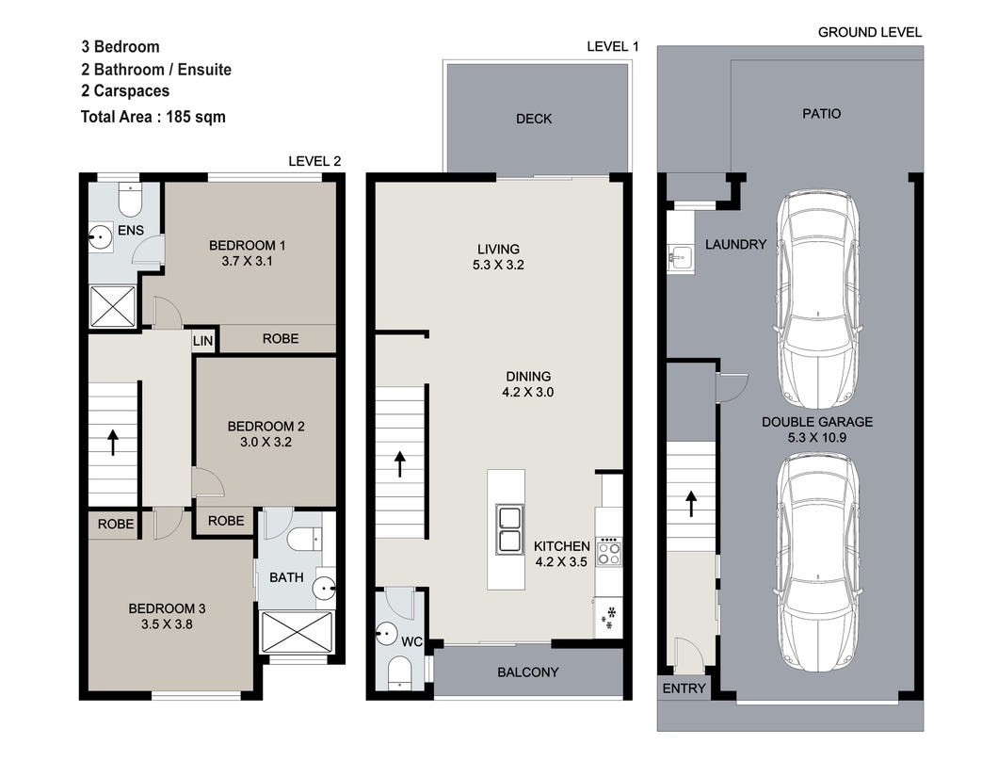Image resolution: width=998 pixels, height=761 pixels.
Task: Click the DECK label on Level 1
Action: pyautogui.click(x=534, y=119)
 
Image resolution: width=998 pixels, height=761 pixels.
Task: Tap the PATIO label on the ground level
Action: pyautogui.click(x=821, y=113)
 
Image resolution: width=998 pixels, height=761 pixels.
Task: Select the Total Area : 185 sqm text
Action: pyautogui.click(x=153, y=117)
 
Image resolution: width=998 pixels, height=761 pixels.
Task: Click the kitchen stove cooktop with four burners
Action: pyautogui.click(x=609, y=551)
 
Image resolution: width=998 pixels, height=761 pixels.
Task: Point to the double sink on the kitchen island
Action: pyautogui.click(x=510, y=529)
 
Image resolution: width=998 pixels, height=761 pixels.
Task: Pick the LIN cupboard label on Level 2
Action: pyautogui.click(x=202, y=341)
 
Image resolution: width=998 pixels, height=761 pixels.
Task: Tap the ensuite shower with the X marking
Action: pyautogui.click(x=113, y=306)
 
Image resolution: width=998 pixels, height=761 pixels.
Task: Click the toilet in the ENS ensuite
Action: pyautogui.click(x=130, y=200)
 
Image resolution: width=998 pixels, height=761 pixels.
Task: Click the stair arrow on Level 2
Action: pyautogui.click(x=113, y=442)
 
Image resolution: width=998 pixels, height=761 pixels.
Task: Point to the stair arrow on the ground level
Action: pyautogui.click(x=690, y=504)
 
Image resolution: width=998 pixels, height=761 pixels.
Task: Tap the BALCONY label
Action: pyautogui.click(x=527, y=672)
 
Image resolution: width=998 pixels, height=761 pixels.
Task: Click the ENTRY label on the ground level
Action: pyautogui.click(x=684, y=688)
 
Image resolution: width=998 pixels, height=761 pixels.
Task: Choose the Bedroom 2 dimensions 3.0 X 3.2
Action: pyautogui.click(x=266, y=442)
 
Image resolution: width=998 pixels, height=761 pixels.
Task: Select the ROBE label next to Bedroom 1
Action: pyautogui.click(x=280, y=338)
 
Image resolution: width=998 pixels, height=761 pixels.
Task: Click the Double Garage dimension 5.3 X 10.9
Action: pyautogui.click(x=816, y=438)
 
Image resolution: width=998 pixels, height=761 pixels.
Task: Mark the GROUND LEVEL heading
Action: pyautogui.click(x=869, y=32)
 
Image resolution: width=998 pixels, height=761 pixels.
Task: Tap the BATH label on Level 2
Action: pyautogui.click(x=286, y=577)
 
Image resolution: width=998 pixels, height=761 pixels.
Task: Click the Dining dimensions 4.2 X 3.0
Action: pyautogui.click(x=527, y=393)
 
